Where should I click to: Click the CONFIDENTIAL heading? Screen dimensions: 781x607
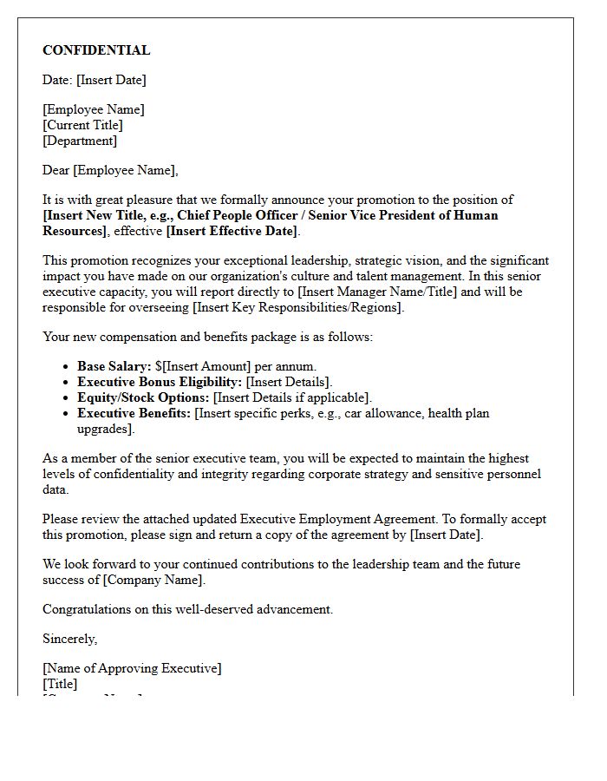(96, 50)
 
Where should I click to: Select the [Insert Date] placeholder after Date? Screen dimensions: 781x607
(111, 80)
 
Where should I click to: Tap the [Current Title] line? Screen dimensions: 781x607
(83, 125)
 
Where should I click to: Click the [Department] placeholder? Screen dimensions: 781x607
(80, 141)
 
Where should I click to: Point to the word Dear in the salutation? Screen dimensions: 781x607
(56, 170)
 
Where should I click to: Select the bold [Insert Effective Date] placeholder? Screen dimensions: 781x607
(232, 231)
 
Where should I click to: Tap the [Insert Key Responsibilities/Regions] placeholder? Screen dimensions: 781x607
(297, 307)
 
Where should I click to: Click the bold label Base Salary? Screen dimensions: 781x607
(114, 366)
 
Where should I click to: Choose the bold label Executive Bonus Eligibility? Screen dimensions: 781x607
(160, 382)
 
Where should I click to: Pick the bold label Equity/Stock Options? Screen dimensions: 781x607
(143, 397)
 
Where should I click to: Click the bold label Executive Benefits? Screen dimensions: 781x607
(134, 413)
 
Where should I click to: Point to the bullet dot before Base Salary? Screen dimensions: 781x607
(67, 367)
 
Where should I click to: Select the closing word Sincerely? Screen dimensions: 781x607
(69, 639)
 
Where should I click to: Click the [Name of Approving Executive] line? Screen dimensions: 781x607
(132, 668)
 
